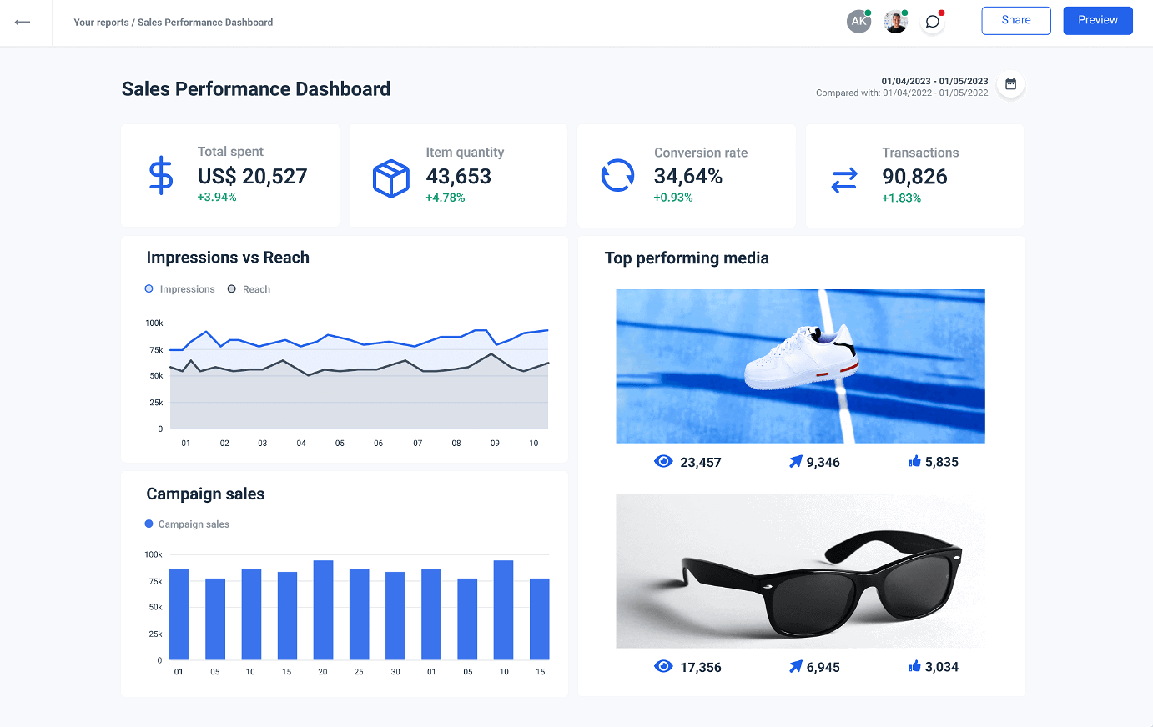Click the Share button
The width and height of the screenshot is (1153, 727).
click(1015, 20)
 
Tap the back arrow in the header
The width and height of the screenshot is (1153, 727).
click(23, 23)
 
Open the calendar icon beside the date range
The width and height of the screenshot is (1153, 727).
click(1010, 84)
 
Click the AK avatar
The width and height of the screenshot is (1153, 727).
click(858, 22)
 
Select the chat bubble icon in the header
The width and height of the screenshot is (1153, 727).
click(932, 22)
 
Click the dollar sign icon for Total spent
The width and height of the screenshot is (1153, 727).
click(160, 176)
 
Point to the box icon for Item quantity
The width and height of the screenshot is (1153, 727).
click(390, 178)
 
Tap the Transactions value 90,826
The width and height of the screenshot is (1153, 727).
click(914, 177)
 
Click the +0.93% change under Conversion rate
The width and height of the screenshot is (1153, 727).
click(672, 198)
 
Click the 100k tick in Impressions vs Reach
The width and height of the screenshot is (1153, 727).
click(154, 323)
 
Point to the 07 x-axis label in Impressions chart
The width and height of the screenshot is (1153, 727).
click(417, 444)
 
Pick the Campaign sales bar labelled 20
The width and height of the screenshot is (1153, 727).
click(323, 609)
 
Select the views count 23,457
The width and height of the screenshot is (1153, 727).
click(700, 463)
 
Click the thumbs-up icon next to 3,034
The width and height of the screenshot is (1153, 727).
click(914, 666)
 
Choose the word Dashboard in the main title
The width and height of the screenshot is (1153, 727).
click(342, 89)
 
